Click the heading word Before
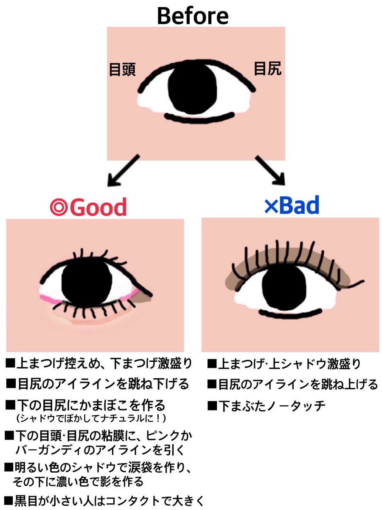pos(192,16)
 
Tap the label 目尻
pos(267,68)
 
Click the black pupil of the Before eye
pos(192,90)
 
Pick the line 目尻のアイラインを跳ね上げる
pos(292,385)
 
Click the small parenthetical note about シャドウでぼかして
pos(90,418)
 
